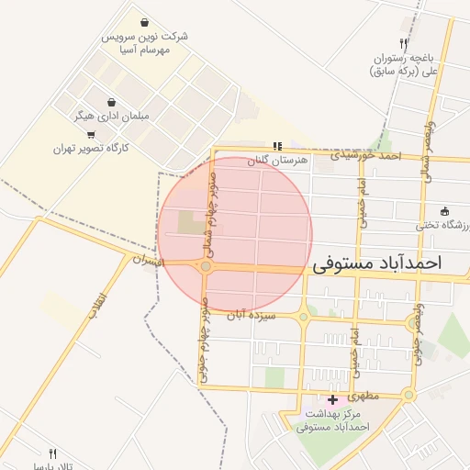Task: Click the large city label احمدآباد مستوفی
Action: (376, 263)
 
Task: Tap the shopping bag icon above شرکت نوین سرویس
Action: (145, 22)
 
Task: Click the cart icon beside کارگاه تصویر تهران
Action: (90, 135)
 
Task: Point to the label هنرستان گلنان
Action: (276, 161)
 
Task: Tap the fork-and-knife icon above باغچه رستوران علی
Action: (402, 43)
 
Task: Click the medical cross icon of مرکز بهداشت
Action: (331, 400)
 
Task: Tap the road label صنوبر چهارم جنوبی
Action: (204, 333)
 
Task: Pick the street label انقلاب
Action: (98, 304)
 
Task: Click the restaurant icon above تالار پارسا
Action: (52, 453)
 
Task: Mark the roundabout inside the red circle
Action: (206, 267)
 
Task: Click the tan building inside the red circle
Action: (192, 223)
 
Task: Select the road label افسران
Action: (148, 261)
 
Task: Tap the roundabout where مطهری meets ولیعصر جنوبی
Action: (408, 395)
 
